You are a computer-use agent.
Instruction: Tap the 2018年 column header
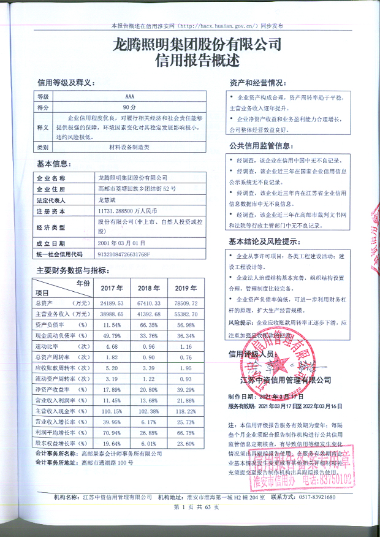pyautogui.click(x=148, y=288)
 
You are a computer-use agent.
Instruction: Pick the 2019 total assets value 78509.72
pyautogui.click(x=186, y=303)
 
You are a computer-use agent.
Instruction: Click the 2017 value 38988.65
pyautogui.click(x=112, y=313)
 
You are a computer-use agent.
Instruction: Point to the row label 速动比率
pyautogui.click(x=55, y=346)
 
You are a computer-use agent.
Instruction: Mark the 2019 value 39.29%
pyautogui.click(x=186, y=390)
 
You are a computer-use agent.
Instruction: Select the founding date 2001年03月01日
pyautogui.click(x=121, y=243)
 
